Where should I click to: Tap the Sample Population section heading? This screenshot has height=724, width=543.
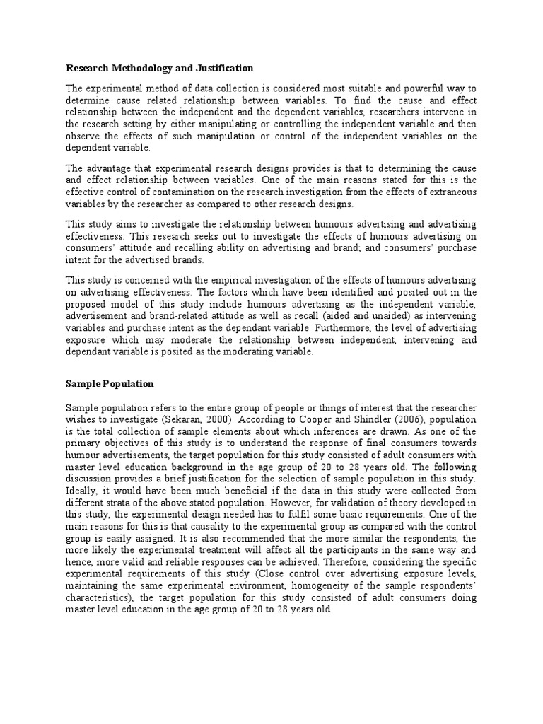[110, 383]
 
